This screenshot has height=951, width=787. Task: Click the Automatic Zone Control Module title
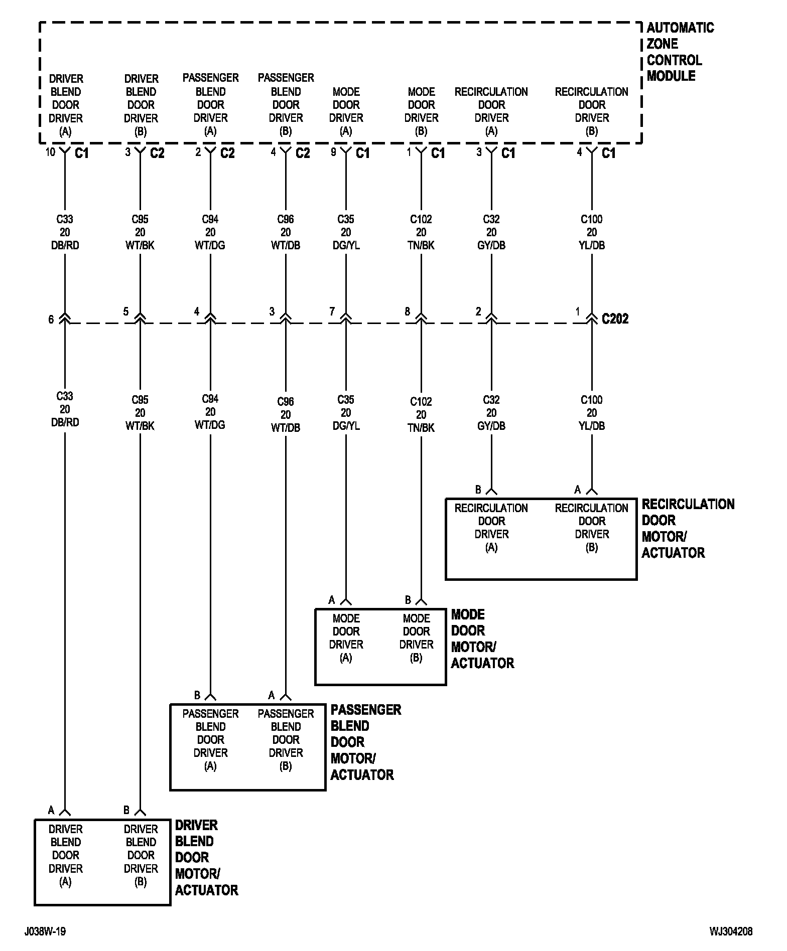[x=680, y=52]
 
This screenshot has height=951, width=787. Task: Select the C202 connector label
[x=615, y=319]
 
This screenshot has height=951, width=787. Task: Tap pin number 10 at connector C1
[x=50, y=151]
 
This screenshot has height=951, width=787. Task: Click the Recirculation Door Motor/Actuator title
[x=688, y=528]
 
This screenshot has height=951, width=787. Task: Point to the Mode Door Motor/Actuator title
[x=482, y=639]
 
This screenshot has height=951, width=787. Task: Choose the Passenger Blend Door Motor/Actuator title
[x=365, y=742]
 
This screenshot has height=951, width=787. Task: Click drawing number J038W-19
[x=45, y=931]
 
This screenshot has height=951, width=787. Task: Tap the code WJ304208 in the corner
[x=731, y=931]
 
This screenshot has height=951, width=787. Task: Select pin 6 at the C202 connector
[x=51, y=320]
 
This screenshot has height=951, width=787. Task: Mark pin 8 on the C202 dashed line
[x=408, y=312]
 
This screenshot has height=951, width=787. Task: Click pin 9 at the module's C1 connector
[x=333, y=151]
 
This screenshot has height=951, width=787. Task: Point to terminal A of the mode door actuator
[x=332, y=600]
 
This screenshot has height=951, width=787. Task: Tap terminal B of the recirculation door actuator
[x=478, y=490]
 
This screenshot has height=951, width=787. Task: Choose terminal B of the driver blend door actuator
[x=126, y=810]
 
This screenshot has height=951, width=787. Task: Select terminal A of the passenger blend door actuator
[x=272, y=695]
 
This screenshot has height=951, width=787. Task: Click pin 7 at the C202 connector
[x=332, y=312]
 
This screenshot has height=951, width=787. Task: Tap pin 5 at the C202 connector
[x=126, y=312]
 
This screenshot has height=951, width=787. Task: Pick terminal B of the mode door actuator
[x=408, y=600]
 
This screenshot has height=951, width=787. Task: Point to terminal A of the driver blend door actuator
[x=51, y=810]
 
